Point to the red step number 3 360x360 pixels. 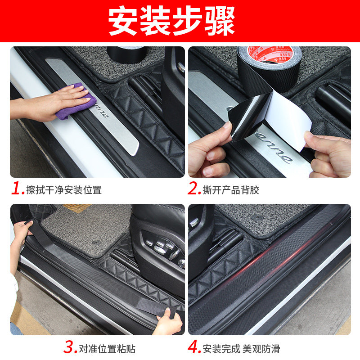click(70, 347)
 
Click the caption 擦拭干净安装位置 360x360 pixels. click(63, 190)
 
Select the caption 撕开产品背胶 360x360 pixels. click(231, 190)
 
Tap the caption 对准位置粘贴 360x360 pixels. click(107, 348)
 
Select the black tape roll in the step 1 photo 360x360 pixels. click(126, 54)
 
